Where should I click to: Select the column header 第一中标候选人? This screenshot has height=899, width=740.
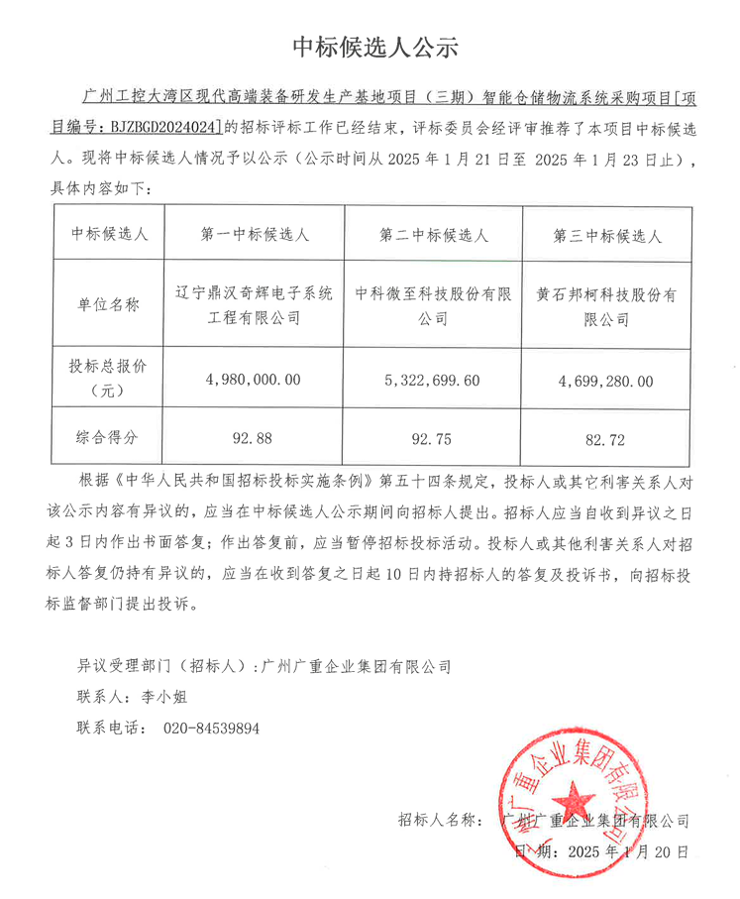click(255, 235)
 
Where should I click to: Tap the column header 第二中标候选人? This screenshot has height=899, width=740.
click(434, 235)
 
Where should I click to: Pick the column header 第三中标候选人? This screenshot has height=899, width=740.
click(607, 236)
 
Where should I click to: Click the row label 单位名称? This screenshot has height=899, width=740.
click(108, 304)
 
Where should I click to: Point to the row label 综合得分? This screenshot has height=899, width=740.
click(108, 435)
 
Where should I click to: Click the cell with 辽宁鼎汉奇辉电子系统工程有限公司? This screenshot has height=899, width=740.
click(255, 305)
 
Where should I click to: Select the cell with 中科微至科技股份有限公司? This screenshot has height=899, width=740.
click(434, 305)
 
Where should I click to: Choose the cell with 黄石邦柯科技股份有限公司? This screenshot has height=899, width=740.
click(607, 306)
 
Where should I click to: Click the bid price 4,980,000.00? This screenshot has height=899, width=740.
click(255, 379)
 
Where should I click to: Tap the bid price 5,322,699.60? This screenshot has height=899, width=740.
click(434, 380)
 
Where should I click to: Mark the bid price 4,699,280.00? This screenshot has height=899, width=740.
click(607, 380)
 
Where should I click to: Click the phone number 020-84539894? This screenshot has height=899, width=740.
click(211, 728)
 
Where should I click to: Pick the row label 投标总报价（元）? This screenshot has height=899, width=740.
click(108, 378)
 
